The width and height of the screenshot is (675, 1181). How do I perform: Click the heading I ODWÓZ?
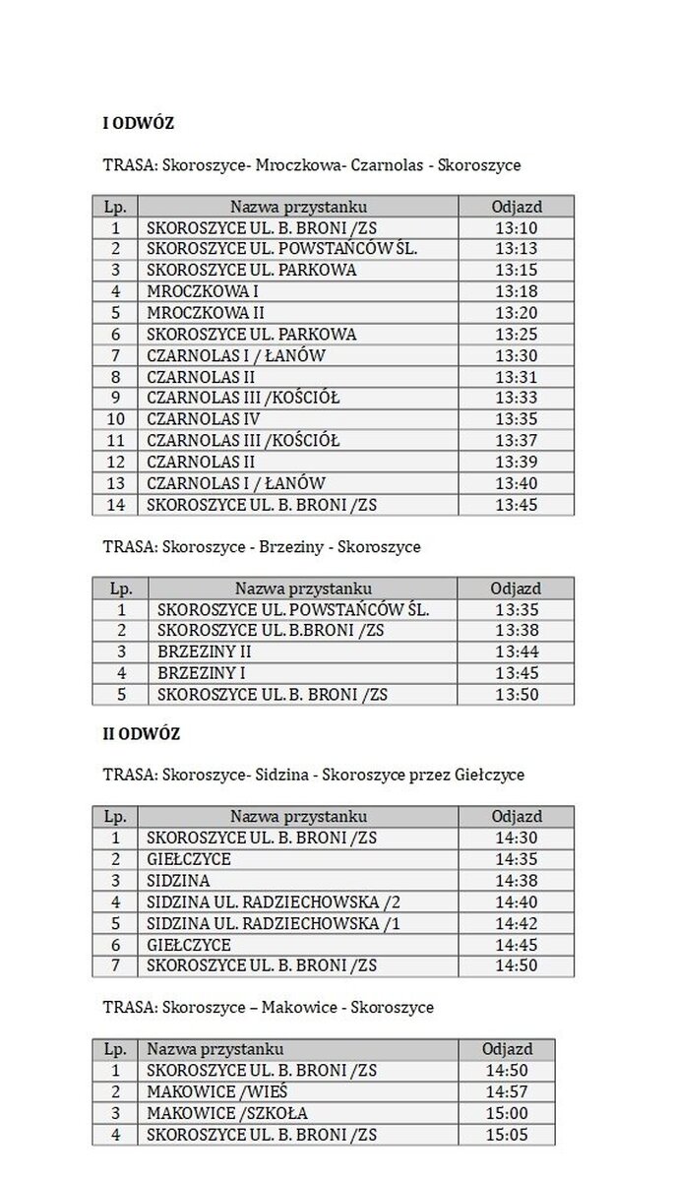click(139, 123)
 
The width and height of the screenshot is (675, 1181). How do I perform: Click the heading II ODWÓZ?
click(142, 734)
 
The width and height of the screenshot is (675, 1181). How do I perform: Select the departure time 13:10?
click(517, 227)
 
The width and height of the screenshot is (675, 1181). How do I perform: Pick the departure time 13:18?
click(517, 291)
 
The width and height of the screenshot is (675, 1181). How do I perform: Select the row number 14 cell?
click(115, 505)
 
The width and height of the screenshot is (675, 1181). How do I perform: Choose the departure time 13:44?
click(517, 652)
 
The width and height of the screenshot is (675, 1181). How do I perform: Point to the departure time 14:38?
click(517, 881)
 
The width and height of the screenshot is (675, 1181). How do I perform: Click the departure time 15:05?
click(507, 1135)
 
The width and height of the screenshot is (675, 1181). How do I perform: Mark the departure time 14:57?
click(507, 1092)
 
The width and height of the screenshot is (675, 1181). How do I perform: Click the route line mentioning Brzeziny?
click(262, 546)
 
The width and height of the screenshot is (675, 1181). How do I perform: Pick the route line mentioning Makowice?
click(268, 1008)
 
